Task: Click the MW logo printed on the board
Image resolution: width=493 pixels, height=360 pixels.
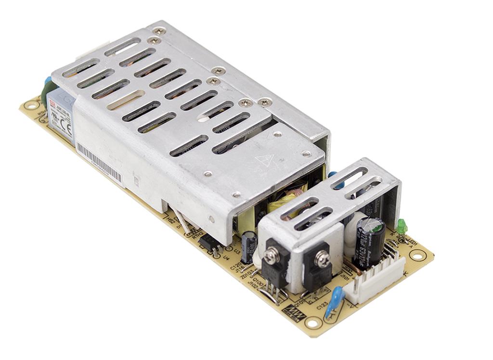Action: pos(292,309)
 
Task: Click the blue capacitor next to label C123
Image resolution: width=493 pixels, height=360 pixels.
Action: pos(334,301)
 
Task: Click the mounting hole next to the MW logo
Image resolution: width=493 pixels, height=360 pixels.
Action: pos(312,322)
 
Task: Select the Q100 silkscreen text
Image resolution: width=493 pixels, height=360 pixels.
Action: pos(257,281)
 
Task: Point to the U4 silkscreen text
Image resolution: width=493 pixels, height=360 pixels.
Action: pos(226,257)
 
